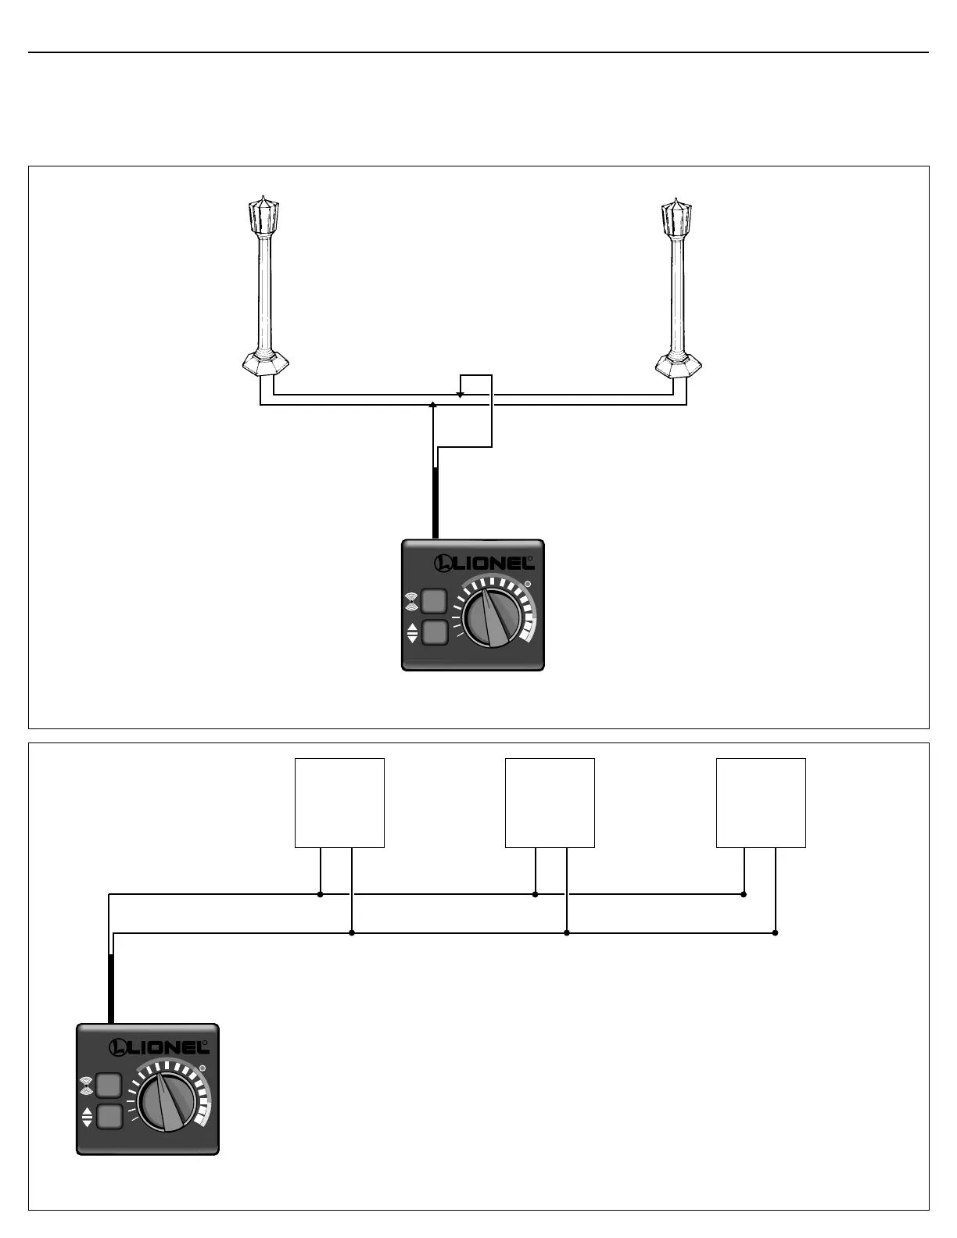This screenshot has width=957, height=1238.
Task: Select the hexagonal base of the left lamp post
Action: [265, 363]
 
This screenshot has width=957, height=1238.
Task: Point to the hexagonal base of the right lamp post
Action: [677, 363]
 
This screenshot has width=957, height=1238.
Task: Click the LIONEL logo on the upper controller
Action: [485, 562]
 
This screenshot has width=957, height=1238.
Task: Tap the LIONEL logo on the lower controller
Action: [159, 1047]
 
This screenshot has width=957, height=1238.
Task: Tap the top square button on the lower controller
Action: [109, 1086]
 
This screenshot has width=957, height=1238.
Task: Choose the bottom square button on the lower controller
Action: [109, 1117]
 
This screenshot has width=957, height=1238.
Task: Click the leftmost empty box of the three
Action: [339, 803]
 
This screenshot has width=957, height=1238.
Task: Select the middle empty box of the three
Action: [550, 803]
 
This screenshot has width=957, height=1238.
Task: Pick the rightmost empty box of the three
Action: [761, 803]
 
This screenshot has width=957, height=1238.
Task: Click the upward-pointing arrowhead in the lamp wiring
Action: [433, 405]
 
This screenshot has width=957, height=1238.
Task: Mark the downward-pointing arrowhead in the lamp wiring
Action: [460, 395]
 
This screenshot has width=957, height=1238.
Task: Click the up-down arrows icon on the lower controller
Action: [87, 1117]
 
